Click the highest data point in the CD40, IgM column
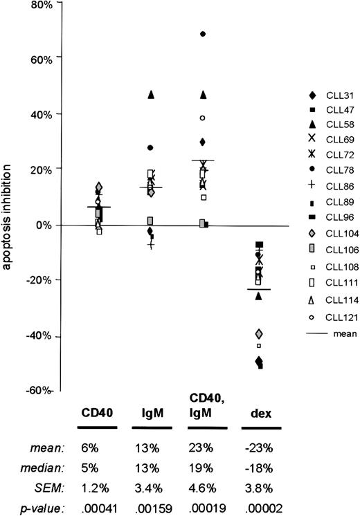point(203,34)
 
